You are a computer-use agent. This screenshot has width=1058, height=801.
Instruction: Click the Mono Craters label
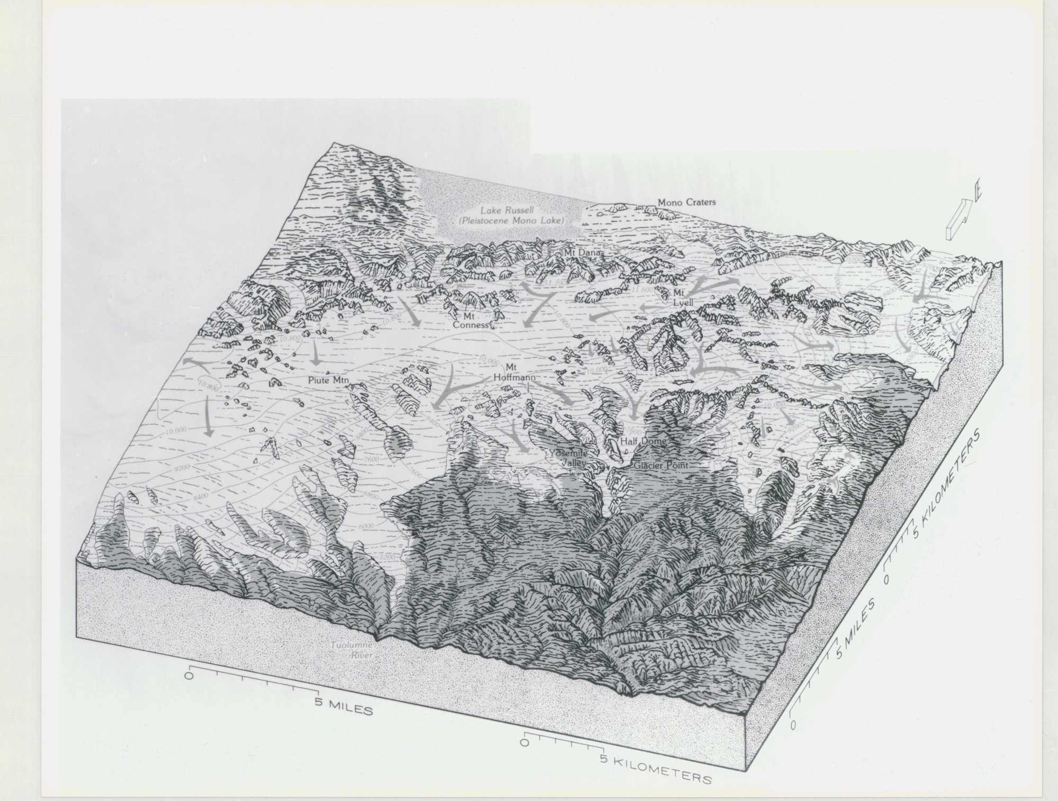click(686, 202)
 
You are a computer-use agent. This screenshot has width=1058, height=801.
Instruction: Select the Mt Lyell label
click(680, 297)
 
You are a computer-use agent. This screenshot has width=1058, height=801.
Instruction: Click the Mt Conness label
click(475, 320)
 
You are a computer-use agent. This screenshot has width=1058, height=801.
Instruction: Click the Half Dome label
click(643, 441)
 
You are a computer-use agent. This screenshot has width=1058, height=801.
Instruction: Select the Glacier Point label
click(662, 466)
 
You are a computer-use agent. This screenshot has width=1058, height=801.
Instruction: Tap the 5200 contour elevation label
click(388, 557)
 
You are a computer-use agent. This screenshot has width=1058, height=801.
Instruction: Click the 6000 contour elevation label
click(366, 526)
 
